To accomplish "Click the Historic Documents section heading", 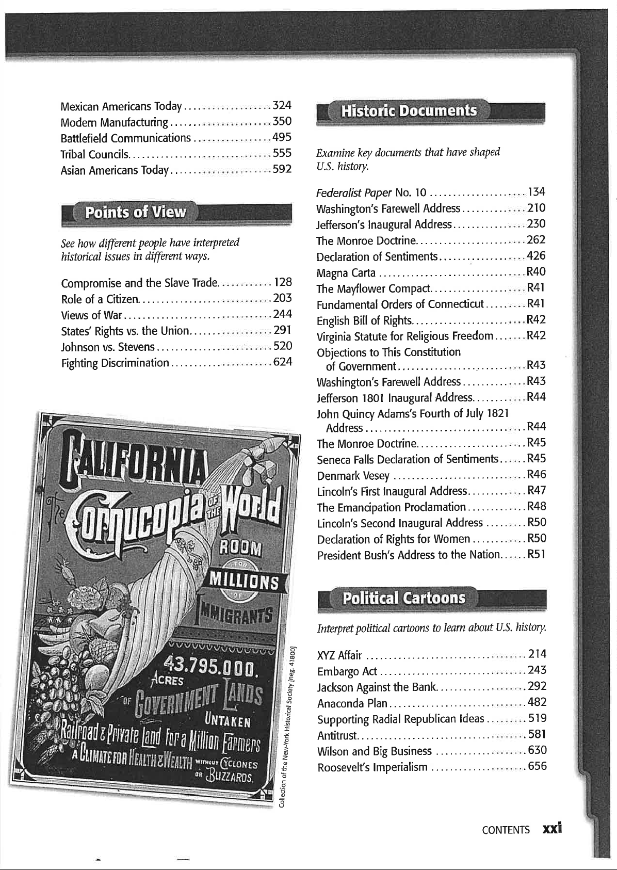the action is [408, 111].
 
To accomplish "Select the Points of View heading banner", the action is [135, 212].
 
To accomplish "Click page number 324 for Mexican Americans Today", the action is [282, 106].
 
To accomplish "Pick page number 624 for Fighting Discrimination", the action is [282, 362].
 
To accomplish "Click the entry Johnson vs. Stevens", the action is [107, 346].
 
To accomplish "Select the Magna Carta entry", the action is [346, 272].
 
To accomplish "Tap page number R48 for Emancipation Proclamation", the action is [536, 506].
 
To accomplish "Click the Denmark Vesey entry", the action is [353, 475].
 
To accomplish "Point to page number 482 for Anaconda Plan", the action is [537, 702].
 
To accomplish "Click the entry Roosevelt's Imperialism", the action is [372, 767].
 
